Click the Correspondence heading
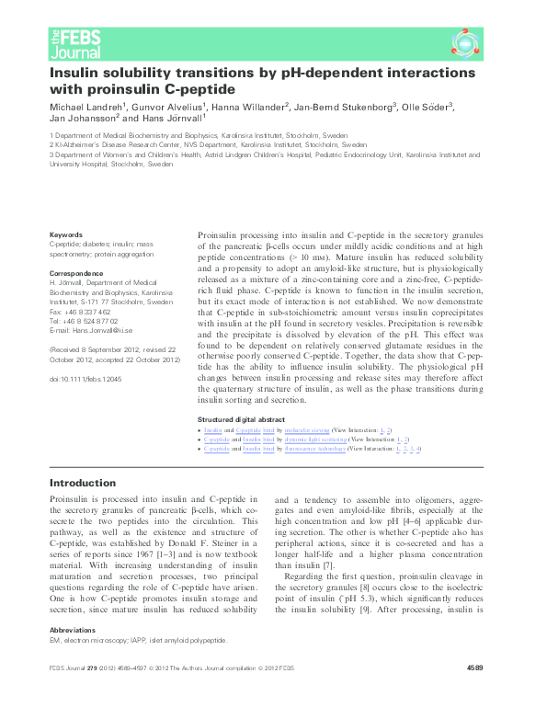76,274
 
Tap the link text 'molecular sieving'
303,430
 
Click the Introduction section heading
83,484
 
